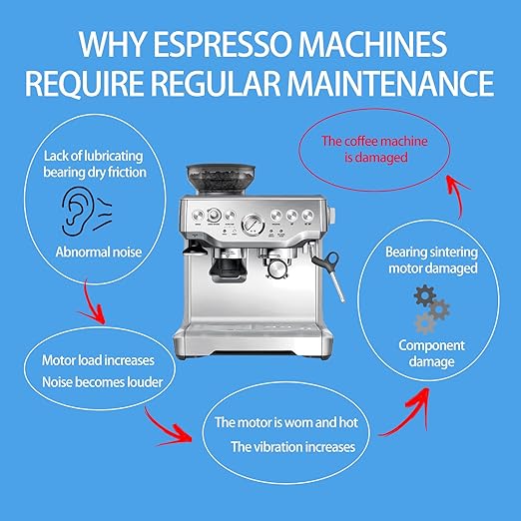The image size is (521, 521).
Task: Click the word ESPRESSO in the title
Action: [224, 44]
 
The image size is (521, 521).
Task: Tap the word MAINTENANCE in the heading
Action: [390, 82]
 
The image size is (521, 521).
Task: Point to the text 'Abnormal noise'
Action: [99, 252]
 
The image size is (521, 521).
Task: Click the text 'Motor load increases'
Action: [98, 360]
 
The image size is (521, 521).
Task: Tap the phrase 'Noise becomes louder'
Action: [103, 382]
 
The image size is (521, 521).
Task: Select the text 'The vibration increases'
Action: [293, 447]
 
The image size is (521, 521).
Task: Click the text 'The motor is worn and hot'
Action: [286, 422]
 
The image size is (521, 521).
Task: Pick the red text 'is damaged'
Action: [376, 157]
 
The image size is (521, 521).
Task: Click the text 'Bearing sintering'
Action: [431, 252]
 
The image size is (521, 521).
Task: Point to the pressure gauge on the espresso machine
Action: [253, 224]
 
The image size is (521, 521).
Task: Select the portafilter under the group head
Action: [277, 266]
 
